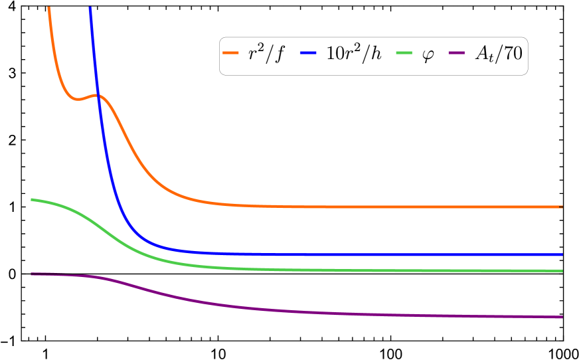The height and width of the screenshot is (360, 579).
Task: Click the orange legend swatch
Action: [x=230, y=52]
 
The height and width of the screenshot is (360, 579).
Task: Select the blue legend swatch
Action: [x=308, y=52]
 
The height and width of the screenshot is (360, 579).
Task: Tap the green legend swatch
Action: [x=404, y=52]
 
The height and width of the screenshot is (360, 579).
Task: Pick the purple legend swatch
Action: [x=456, y=52]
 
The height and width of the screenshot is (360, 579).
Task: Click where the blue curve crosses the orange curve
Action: [x=98, y=96]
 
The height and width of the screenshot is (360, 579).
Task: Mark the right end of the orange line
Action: [x=562, y=207]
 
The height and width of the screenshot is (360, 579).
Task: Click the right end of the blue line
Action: [x=562, y=254]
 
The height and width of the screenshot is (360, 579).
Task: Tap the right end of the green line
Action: [x=562, y=271]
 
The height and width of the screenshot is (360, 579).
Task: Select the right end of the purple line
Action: [x=562, y=317]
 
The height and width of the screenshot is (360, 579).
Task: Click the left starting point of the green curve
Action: [x=32, y=199]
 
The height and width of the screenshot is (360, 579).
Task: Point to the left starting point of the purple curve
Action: [x=32, y=274]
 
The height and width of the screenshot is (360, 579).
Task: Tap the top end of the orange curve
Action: [x=49, y=8]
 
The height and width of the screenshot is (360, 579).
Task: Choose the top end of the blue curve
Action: [x=90, y=8]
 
